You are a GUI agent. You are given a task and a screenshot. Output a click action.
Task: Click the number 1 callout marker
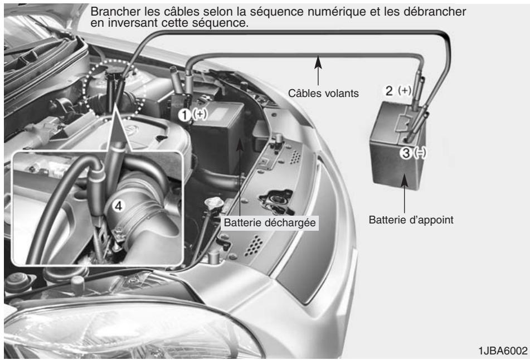[x=185, y=114]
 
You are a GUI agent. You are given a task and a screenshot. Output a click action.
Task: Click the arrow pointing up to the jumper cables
[x=319, y=70]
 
